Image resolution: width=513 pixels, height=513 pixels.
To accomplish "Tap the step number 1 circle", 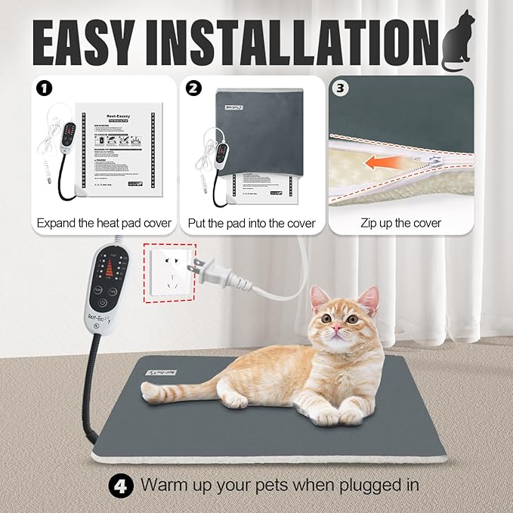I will pyautogui.click(x=45, y=88).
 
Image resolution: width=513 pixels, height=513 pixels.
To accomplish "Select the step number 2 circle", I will pyautogui.click(x=195, y=88).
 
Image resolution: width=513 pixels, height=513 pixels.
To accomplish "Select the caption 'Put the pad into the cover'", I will pyautogui.click(x=251, y=223).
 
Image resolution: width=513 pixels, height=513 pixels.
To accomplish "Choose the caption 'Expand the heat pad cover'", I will pyautogui.click(x=104, y=223).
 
